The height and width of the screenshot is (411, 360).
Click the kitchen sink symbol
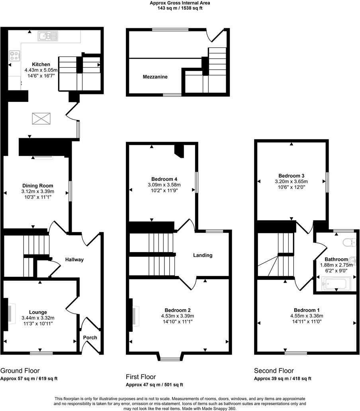(x=48, y=37)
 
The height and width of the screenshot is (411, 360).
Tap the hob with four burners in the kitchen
(x=15, y=56)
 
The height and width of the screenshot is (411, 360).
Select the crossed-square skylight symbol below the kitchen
(x=41, y=119)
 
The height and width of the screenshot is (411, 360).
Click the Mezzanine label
(x=155, y=77)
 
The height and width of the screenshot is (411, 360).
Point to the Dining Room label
(x=37, y=186)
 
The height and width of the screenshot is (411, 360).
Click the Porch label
(x=90, y=338)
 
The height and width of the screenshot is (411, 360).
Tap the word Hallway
(x=74, y=260)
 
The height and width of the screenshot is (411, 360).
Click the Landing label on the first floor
(x=203, y=255)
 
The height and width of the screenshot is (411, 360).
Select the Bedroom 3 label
(x=292, y=176)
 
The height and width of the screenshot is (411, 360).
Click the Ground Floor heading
(x=20, y=371)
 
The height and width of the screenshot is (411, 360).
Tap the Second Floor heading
(x=274, y=371)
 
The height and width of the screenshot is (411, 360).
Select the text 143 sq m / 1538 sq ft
(x=180, y=8)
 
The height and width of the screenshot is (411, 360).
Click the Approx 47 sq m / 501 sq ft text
(x=155, y=385)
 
